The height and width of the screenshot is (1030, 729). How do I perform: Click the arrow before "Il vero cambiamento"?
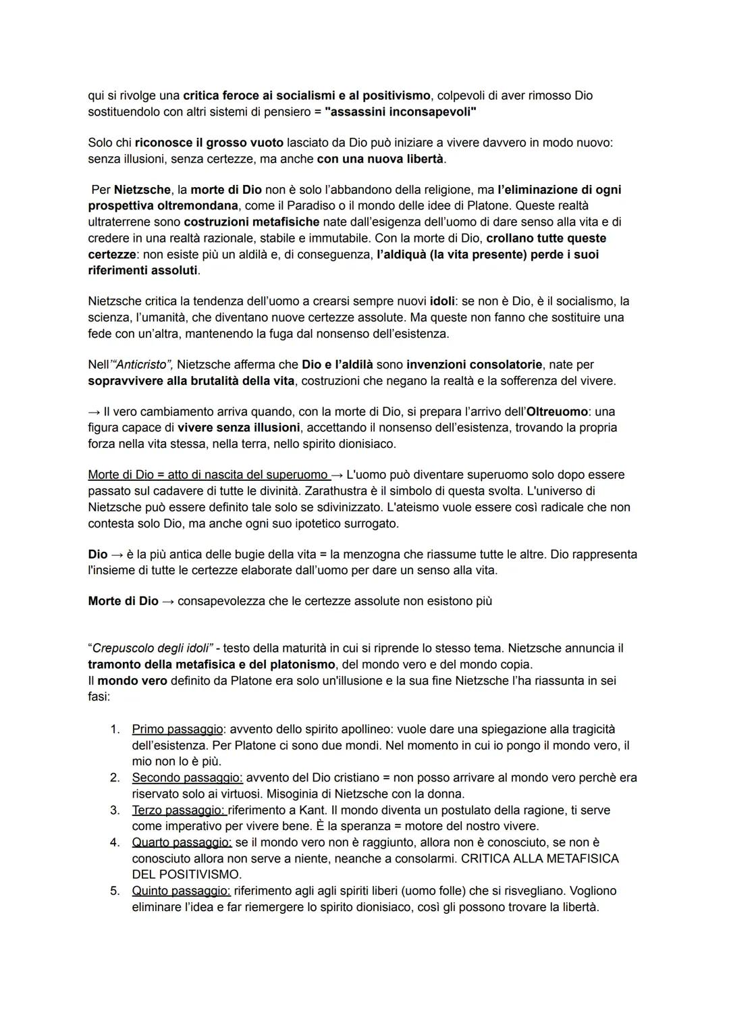coord(94,411)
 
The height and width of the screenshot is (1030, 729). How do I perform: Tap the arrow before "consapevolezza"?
coord(168,601)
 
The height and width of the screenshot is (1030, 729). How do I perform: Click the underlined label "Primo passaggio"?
coord(178,729)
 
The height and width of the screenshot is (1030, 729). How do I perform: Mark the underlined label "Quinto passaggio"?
coord(181,892)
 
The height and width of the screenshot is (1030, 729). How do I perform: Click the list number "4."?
coord(115,843)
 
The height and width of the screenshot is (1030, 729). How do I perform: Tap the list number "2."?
coord(115,778)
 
